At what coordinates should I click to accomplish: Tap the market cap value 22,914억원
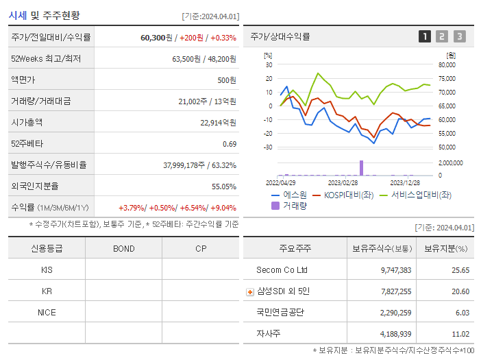click(x=218, y=123)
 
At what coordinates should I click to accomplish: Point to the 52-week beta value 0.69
click(x=230, y=144)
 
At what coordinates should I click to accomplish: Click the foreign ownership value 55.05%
click(x=224, y=187)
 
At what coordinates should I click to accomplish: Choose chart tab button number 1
click(x=425, y=37)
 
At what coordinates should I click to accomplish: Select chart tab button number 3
click(x=459, y=37)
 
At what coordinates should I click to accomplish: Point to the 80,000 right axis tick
click(x=446, y=65)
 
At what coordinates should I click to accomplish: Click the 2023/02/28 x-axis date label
click(x=343, y=182)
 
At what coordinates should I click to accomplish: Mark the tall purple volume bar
click(x=361, y=168)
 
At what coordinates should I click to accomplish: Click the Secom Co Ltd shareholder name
click(x=282, y=270)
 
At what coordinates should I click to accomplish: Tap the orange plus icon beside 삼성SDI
click(x=250, y=292)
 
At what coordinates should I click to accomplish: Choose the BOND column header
click(x=123, y=249)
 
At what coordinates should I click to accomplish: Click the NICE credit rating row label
click(x=47, y=312)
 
